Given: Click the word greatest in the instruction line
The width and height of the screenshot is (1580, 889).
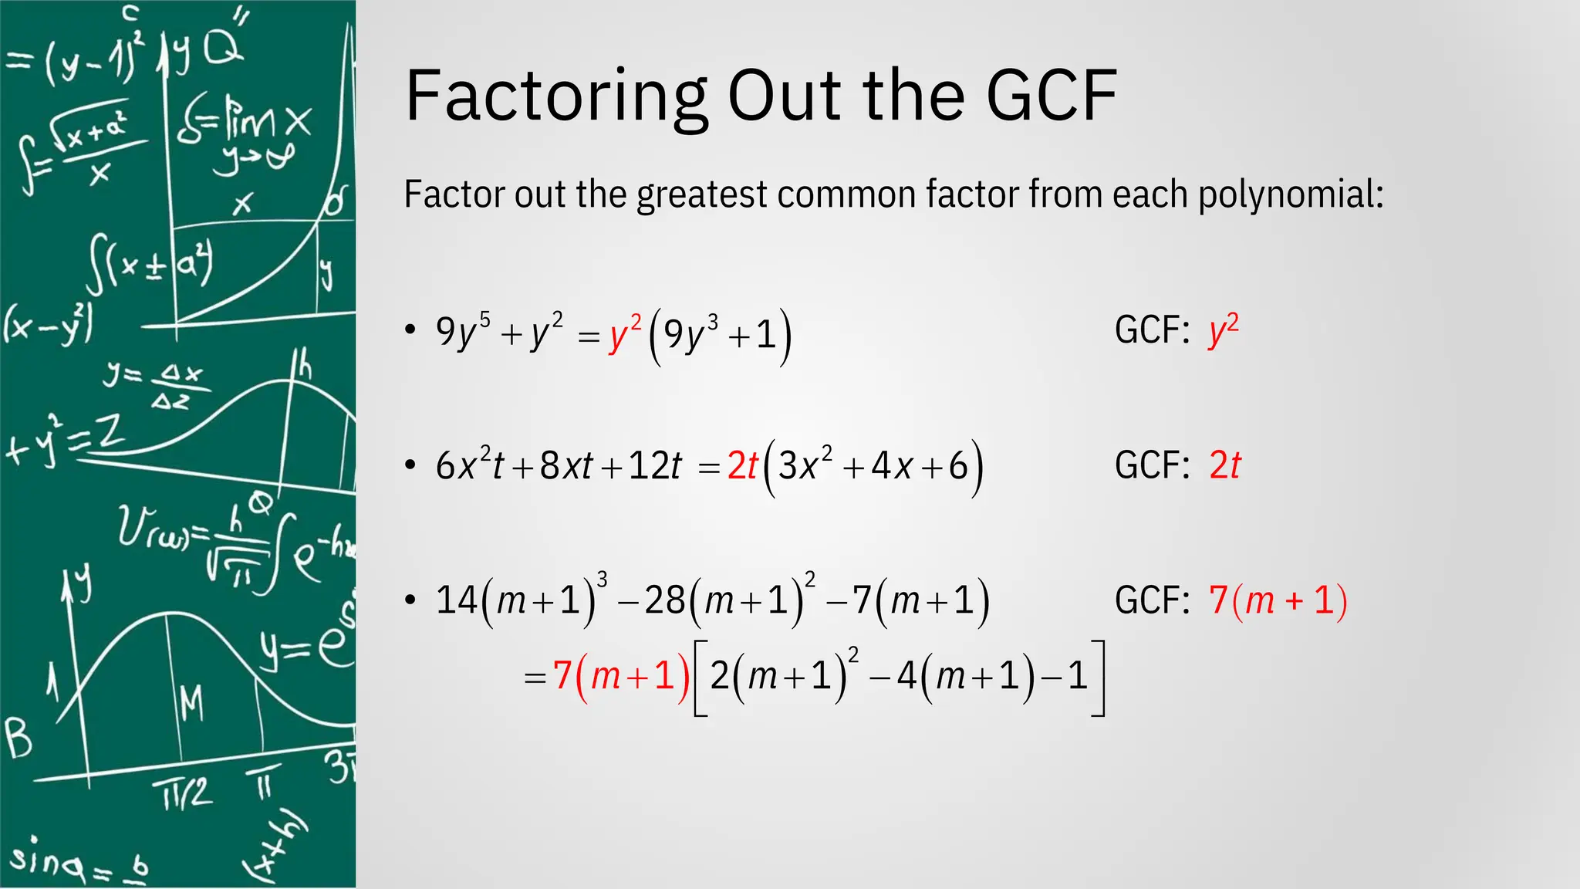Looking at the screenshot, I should pyautogui.click(x=701, y=194).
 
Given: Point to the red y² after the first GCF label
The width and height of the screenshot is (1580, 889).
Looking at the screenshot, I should pyautogui.click(x=1223, y=330).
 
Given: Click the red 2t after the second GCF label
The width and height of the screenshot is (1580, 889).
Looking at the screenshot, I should pyautogui.click(x=1225, y=465).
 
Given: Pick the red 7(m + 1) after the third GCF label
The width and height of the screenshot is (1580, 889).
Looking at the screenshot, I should pyautogui.click(x=1278, y=600).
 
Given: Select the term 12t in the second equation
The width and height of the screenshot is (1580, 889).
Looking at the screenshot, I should pyautogui.click(x=655, y=466).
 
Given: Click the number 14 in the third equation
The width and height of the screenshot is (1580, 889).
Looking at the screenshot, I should pyautogui.click(x=456, y=600).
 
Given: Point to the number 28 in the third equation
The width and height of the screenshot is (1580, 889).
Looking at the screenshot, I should pyautogui.click(x=664, y=600).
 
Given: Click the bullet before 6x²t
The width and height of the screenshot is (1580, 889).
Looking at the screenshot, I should pyautogui.click(x=410, y=465).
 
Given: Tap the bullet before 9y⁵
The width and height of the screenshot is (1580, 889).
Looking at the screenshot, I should pyautogui.click(x=410, y=330).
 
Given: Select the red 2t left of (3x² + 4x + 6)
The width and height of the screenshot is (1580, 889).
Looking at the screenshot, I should pyautogui.click(x=743, y=466).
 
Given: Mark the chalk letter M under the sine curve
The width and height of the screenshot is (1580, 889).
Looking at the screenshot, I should pyautogui.click(x=191, y=703).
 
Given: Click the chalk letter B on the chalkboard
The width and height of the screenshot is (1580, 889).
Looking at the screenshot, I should pyautogui.click(x=19, y=739).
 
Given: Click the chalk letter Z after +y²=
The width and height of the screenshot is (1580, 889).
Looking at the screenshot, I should pyautogui.click(x=111, y=433).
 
